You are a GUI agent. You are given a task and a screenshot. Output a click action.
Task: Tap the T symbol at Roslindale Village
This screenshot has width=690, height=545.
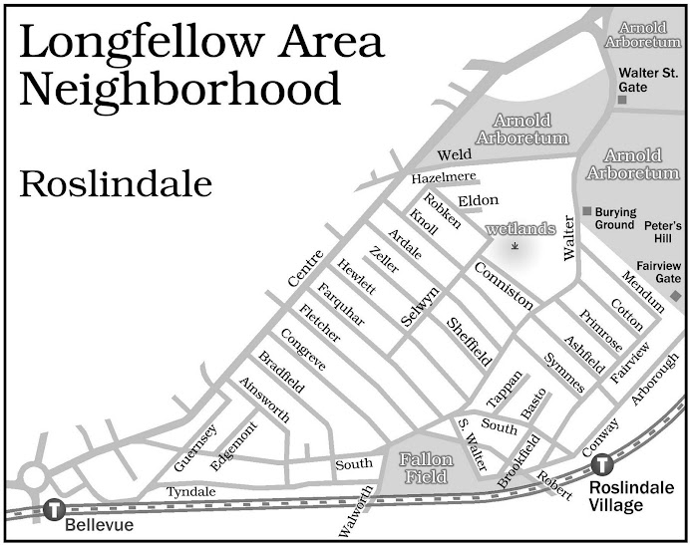pos(601,465)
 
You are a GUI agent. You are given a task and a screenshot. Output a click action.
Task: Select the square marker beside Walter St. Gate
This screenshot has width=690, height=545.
pos(621,100)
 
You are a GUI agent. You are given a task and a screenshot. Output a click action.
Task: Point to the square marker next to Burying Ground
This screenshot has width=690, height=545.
pos(587,211)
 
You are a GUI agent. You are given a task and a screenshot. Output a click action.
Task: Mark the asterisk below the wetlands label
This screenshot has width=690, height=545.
pos(515,245)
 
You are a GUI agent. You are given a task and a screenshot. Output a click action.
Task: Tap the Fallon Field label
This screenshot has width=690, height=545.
pos(426,468)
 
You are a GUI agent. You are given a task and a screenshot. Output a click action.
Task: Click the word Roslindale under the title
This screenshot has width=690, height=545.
pos(116,184)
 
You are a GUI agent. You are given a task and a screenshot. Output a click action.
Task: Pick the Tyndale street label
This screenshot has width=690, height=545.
pos(189,493)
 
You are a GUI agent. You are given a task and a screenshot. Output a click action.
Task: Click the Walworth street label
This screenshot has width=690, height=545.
pos(355,511)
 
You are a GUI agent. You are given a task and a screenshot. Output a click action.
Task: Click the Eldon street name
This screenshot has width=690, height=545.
pos(478,200)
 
